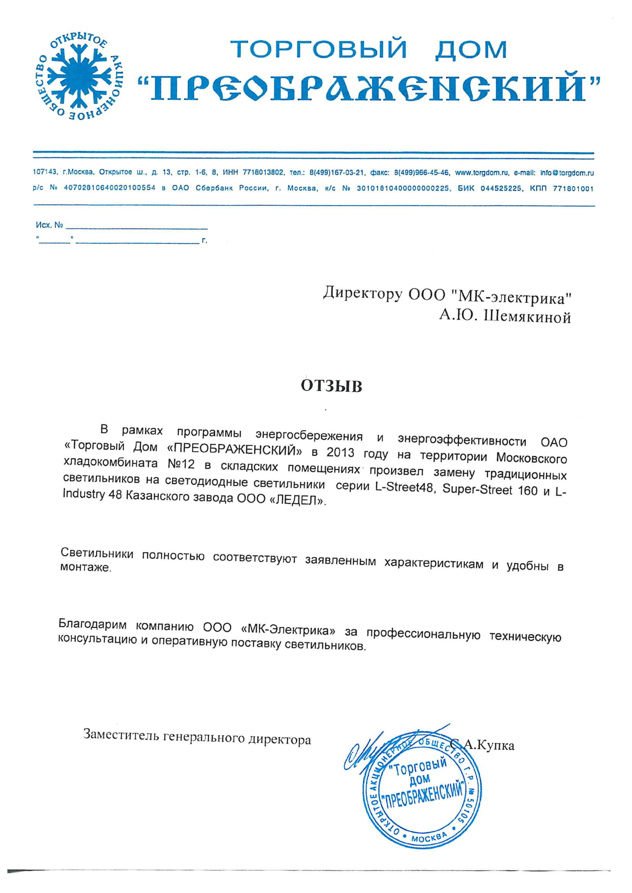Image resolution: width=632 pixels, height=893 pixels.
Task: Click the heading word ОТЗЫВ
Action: [332, 386]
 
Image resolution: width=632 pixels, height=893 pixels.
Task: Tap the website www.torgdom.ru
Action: [482, 172]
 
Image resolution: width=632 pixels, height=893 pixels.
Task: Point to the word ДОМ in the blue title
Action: [471, 49]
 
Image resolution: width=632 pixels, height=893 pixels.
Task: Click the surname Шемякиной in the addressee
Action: [527, 317]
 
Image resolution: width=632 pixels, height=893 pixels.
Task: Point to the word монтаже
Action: [85, 568]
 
